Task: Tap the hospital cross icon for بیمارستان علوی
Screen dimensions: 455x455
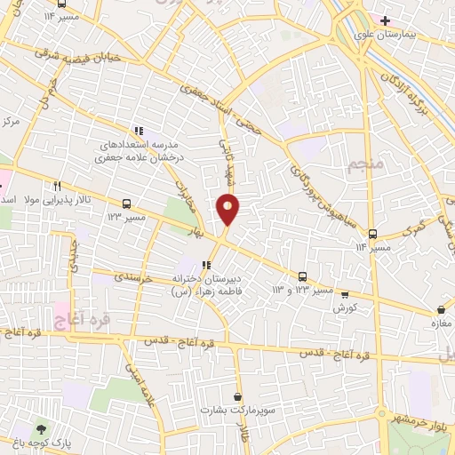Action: pyautogui.click(x=384, y=20)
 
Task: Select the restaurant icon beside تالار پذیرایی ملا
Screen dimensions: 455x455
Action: pyautogui.click(x=57, y=186)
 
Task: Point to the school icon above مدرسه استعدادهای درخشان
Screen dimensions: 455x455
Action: pyautogui.click(x=139, y=130)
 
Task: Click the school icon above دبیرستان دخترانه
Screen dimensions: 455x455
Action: pyautogui.click(x=206, y=264)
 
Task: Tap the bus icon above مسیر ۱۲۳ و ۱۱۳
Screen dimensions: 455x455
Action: pyautogui.click(x=303, y=276)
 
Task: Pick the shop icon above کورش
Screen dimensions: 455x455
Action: pyautogui.click(x=345, y=294)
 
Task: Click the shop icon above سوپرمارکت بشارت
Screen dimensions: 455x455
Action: pyautogui.click(x=237, y=396)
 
